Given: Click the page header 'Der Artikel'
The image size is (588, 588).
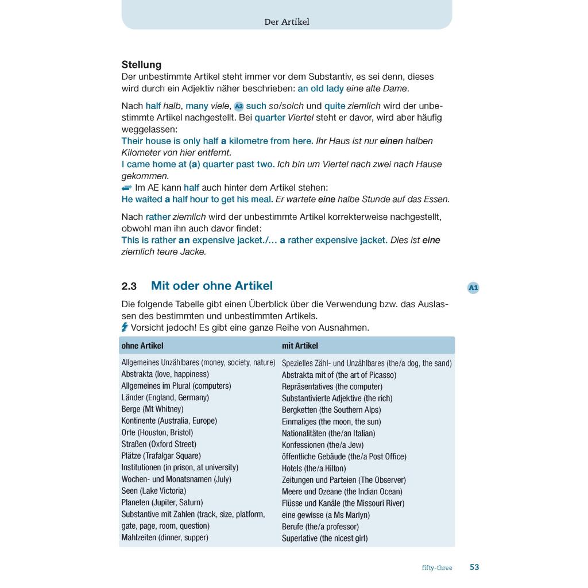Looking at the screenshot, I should click(287, 22).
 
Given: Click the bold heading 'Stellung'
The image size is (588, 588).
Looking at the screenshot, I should click(141, 65).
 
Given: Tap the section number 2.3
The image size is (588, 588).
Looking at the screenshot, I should click(129, 286).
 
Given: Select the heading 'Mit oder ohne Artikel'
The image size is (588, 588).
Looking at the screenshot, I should click(211, 286).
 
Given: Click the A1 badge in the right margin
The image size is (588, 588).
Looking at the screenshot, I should click(473, 288).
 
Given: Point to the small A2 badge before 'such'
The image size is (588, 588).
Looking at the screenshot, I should click(239, 106).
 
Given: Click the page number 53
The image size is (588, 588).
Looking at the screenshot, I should click(474, 567).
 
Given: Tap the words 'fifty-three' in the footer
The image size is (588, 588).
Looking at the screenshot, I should click(437, 568).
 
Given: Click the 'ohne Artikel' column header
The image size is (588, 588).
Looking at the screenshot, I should click(142, 346).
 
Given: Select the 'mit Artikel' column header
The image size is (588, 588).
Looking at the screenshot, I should click(300, 346).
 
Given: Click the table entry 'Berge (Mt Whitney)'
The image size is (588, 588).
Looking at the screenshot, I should click(152, 409).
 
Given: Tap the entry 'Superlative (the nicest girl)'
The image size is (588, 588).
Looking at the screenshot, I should click(324, 538).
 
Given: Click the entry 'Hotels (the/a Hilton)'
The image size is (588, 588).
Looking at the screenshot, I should click(314, 468).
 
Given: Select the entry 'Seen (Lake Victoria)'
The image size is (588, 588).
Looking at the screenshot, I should click(153, 491).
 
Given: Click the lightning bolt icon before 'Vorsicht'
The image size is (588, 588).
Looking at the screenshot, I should click(125, 327).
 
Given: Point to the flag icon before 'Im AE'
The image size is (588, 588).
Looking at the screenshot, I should click(127, 188).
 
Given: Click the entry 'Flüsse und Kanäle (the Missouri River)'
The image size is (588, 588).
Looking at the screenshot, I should click(343, 503).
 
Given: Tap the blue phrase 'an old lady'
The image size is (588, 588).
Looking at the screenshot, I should click(320, 88).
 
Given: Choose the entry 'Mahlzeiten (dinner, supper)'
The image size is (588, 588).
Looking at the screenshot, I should click(165, 537).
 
